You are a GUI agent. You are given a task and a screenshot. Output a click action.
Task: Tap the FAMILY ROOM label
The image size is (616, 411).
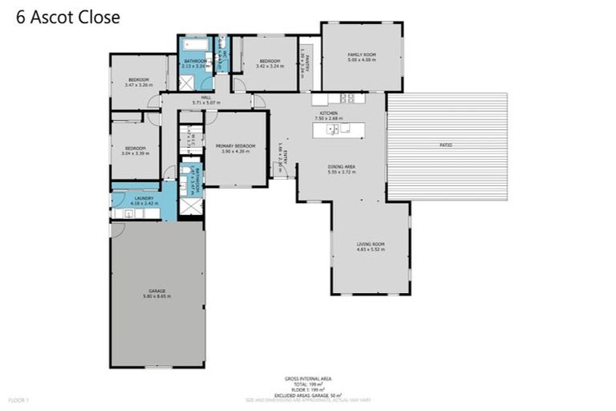tap(361, 55)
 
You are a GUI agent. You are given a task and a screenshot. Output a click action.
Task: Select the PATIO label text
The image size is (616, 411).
tap(446, 145)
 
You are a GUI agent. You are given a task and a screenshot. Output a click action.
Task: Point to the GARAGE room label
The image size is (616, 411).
tap(157, 292)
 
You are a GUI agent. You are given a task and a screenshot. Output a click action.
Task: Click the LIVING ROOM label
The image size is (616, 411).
tap(371, 244)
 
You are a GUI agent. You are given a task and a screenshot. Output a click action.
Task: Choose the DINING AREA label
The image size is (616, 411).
tap(341, 166)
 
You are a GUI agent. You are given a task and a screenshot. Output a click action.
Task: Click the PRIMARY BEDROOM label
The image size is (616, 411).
tap(235, 145)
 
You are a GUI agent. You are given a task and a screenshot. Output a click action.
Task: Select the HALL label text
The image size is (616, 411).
tap(206, 97)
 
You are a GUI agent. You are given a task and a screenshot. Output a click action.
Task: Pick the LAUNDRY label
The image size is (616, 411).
tap(144, 197)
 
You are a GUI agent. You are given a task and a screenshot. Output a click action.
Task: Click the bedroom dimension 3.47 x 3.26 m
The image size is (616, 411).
tap(138, 84)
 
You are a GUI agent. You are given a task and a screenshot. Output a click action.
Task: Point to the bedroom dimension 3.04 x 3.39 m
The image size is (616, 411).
tap(135, 153)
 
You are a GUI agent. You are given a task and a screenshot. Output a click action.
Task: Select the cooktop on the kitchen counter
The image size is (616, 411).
tap(348, 99)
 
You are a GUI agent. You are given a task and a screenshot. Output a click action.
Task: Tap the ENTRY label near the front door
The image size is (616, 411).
tap(280, 161)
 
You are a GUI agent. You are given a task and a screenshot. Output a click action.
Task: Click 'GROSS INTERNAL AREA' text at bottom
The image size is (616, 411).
tap(308, 378)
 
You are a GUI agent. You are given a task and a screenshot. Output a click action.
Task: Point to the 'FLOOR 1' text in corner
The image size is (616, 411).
tap(18, 399)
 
